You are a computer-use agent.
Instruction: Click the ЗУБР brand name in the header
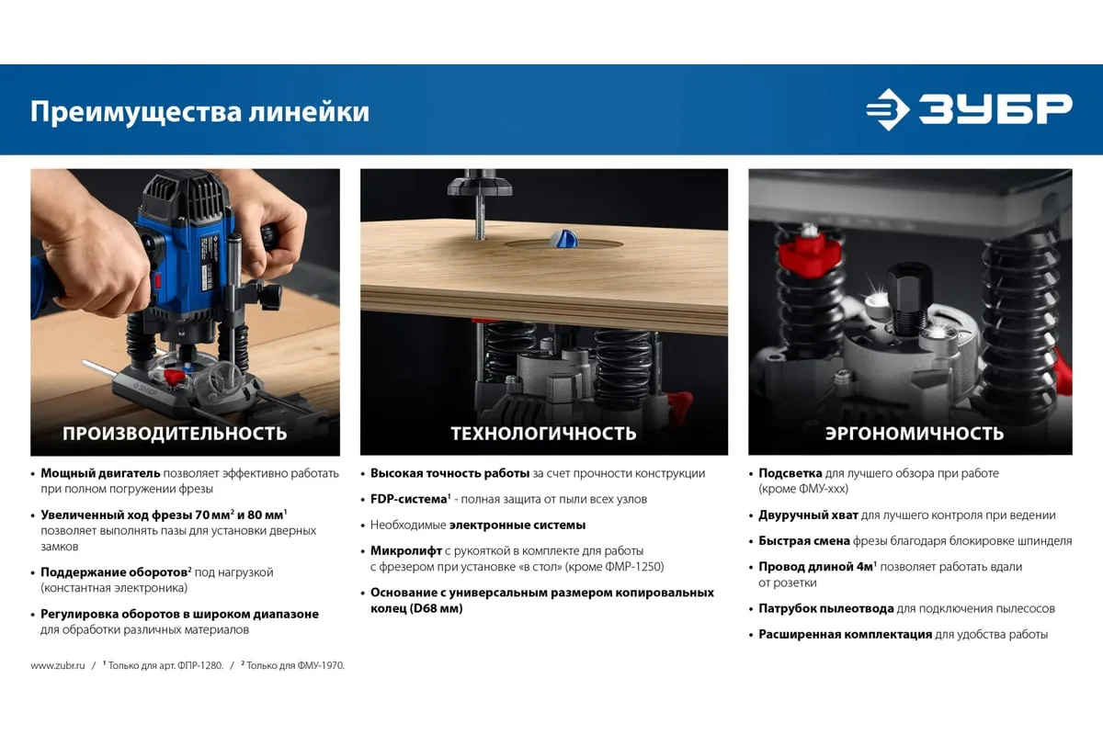click(995, 108)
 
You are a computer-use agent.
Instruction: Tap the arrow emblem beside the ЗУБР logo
click(888, 109)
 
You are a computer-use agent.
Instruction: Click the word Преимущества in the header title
click(136, 112)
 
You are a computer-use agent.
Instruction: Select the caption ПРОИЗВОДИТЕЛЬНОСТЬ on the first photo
click(175, 434)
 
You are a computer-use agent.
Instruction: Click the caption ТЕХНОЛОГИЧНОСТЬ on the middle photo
click(543, 434)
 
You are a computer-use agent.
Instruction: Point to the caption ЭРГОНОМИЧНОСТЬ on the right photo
click(915, 434)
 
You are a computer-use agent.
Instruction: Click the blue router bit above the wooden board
click(563, 238)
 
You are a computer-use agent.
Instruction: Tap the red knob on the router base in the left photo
click(174, 377)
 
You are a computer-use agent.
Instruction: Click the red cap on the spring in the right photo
click(808, 253)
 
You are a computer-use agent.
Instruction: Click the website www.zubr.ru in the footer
click(58, 665)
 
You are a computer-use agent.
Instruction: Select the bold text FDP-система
click(409, 499)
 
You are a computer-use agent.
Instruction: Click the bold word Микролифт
click(406, 551)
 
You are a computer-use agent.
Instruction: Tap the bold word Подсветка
click(790, 473)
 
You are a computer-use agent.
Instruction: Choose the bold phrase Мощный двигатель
click(100, 473)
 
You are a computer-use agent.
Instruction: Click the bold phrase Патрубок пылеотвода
click(825, 608)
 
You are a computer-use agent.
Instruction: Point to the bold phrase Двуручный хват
click(808, 515)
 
